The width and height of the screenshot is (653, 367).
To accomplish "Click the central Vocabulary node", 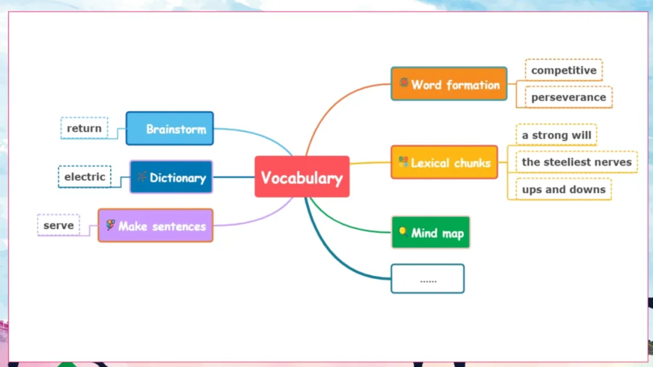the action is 302,177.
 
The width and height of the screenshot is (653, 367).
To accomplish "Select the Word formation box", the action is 449,84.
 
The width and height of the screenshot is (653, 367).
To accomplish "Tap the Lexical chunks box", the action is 444,162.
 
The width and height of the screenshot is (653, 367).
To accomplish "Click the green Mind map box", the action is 430,232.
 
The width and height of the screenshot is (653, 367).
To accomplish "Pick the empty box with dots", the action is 427,279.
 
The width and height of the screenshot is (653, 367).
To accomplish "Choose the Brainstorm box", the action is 170,129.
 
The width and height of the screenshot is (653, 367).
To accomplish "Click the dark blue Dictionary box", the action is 171,177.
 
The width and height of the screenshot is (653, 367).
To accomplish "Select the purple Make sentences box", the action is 155,226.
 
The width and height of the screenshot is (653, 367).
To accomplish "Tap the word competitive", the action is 564,70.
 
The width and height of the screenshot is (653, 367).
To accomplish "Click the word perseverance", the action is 568,97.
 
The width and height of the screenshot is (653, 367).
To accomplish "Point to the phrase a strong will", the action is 556,135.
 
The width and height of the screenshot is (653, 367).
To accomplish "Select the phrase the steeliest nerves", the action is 576,162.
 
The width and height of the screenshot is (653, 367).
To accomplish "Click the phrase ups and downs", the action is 564,190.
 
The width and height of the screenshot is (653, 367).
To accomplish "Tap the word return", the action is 84,128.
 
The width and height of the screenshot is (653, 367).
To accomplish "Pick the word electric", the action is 85,177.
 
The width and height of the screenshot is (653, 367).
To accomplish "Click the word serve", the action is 59,225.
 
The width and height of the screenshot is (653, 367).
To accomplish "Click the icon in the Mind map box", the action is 402,231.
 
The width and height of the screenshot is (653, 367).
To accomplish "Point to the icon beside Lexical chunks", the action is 403,161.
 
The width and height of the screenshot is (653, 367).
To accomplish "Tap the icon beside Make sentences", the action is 110,225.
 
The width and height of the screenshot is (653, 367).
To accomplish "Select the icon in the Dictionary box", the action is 141,177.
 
